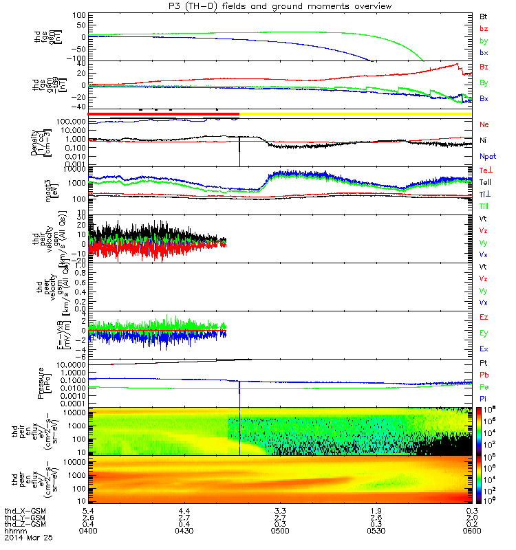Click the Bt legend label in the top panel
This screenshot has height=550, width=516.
click(x=484, y=16)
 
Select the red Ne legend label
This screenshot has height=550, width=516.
click(x=484, y=125)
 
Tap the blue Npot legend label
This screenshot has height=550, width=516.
click(x=486, y=156)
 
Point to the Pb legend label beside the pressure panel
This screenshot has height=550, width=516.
click(x=484, y=375)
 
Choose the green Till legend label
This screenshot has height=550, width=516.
click(x=484, y=206)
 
